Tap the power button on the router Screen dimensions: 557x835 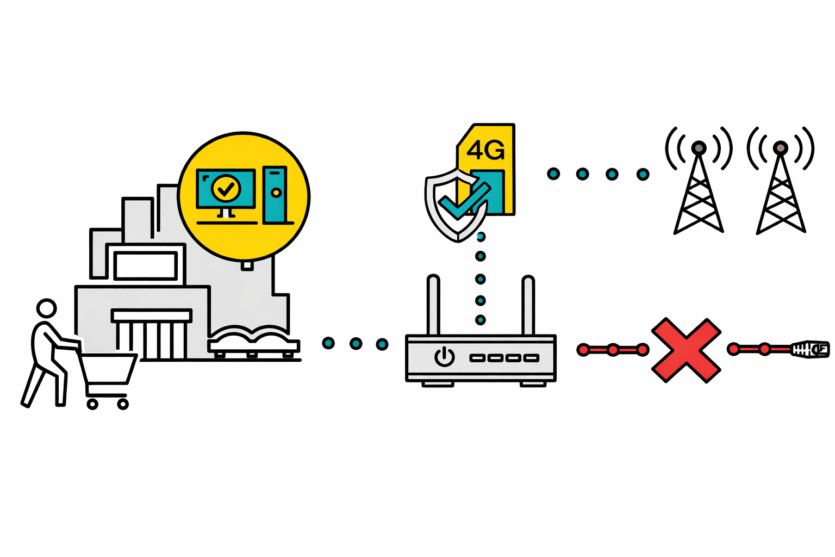(444, 357)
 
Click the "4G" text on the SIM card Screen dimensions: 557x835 (485, 150)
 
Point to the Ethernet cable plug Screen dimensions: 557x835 (810, 349)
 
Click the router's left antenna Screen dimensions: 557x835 (433, 305)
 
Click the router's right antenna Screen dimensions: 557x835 (528, 305)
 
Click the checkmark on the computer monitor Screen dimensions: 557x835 (226, 188)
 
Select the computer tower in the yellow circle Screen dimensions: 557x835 (275, 194)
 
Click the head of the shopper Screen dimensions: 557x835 (46, 308)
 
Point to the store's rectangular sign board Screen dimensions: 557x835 (145, 265)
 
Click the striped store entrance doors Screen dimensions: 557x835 (151, 340)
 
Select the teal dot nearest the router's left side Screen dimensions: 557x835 (382, 344)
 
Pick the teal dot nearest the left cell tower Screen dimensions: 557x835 (643, 175)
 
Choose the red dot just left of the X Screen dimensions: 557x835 (643, 350)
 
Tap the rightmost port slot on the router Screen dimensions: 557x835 (531, 358)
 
